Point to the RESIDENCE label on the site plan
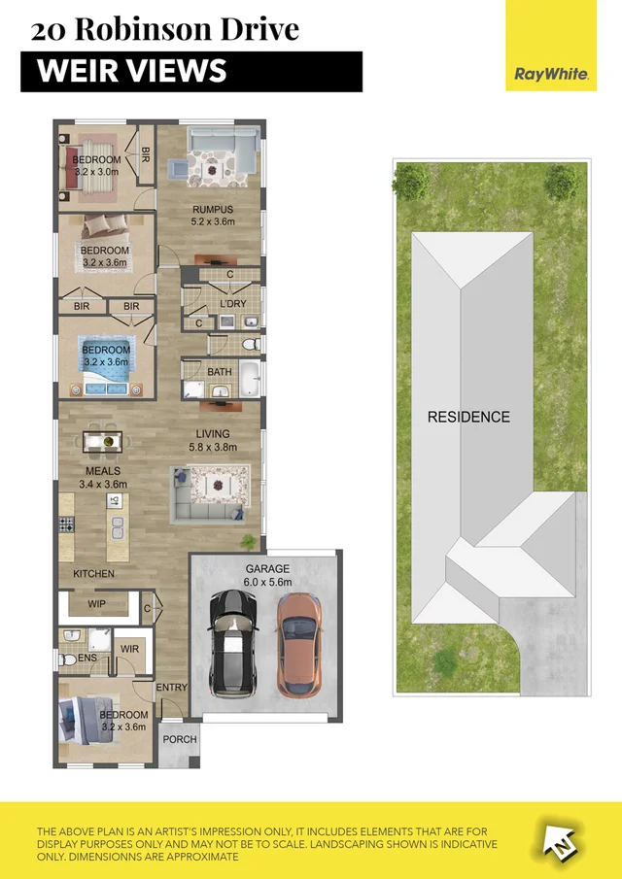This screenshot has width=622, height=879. click(x=468, y=417)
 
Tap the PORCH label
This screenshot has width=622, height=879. click(x=180, y=739)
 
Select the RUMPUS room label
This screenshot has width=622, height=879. click(x=212, y=209)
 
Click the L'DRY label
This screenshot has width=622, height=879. click(x=233, y=305)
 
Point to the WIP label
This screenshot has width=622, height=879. click(x=97, y=604)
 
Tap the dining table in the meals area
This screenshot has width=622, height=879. click(x=102, y=442)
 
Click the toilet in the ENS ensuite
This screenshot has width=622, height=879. click(x=68, y=659)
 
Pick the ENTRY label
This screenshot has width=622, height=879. click(x=172, y=688)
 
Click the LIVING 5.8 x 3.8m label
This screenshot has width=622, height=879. click(x=213, y=440)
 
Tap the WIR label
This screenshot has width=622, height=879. click(x=129, y=650)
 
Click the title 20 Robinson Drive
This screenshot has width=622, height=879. click(x=164, y=29)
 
